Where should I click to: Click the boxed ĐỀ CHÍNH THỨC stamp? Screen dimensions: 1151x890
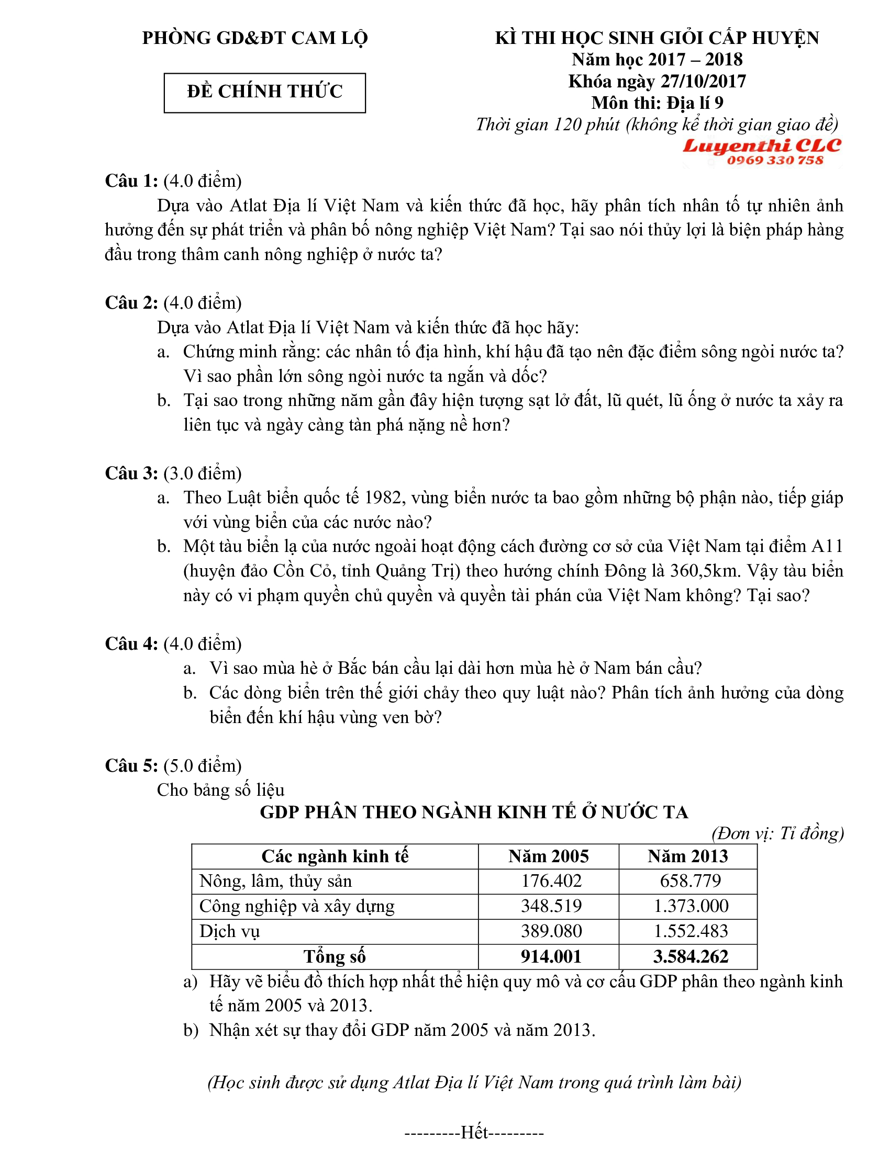tap(264, 92)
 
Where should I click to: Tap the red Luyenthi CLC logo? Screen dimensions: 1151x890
tap(761, 145)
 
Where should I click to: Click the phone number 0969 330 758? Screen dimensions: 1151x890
tap(774, 160)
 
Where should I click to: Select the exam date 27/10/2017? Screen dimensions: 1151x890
tap(703, 82)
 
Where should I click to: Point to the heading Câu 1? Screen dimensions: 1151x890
tap(131, 181)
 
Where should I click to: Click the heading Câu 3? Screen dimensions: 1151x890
tap(131, 473)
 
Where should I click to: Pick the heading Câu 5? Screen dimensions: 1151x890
tap(131, 765)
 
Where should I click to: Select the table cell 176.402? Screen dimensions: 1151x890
tap(551, 881)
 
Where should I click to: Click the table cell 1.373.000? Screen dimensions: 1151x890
tap(691, 906)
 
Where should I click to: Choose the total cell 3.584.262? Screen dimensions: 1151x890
tap(691, 956)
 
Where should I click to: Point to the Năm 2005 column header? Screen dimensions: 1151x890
tap(548, 856)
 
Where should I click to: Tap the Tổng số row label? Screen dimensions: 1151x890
tap(335, 956)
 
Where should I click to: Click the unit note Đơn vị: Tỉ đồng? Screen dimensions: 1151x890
tap(777, 833)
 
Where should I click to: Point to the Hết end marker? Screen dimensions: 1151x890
tap(474, 1132)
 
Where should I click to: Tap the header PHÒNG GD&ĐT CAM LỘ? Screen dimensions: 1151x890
tap(254, 38)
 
